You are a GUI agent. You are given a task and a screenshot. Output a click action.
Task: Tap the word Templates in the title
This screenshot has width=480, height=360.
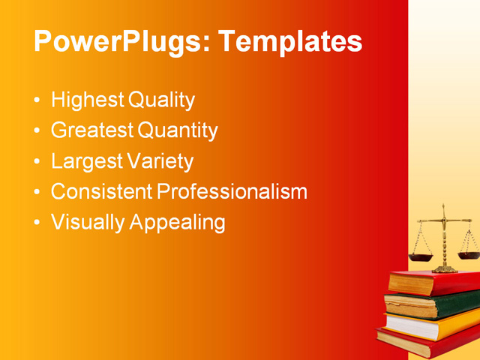(x=289, y=41)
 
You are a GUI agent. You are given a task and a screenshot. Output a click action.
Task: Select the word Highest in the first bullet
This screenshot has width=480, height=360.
(x=87, y=100)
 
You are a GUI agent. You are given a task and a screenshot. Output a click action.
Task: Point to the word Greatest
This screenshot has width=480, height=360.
(x=92, y=131)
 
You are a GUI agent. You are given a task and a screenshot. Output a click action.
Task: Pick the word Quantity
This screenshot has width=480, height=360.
(x=178, y=131)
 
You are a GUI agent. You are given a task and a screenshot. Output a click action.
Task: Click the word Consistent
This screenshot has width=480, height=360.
(x=101, y=192)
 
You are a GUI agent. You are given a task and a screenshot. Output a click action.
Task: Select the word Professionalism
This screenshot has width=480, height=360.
(x=232, y=192)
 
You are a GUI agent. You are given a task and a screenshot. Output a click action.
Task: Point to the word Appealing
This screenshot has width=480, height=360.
(x=178, y=223)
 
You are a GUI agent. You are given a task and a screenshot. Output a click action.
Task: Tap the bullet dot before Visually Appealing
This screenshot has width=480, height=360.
(x=37, y=223)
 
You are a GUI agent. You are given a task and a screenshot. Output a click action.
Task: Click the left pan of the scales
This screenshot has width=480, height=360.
(x=421, y=256)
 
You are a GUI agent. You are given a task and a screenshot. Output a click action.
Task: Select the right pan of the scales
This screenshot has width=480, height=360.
(x=469, y=254)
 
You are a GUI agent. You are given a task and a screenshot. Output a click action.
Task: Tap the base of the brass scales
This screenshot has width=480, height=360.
(x=444, y=268)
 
